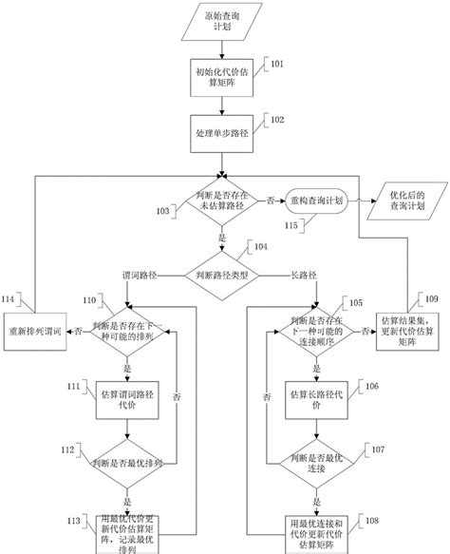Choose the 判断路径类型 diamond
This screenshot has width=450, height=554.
coord(224,273)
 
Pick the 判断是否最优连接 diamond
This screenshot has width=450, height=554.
coord(315,464)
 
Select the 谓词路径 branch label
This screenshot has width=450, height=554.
coord(140,274)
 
